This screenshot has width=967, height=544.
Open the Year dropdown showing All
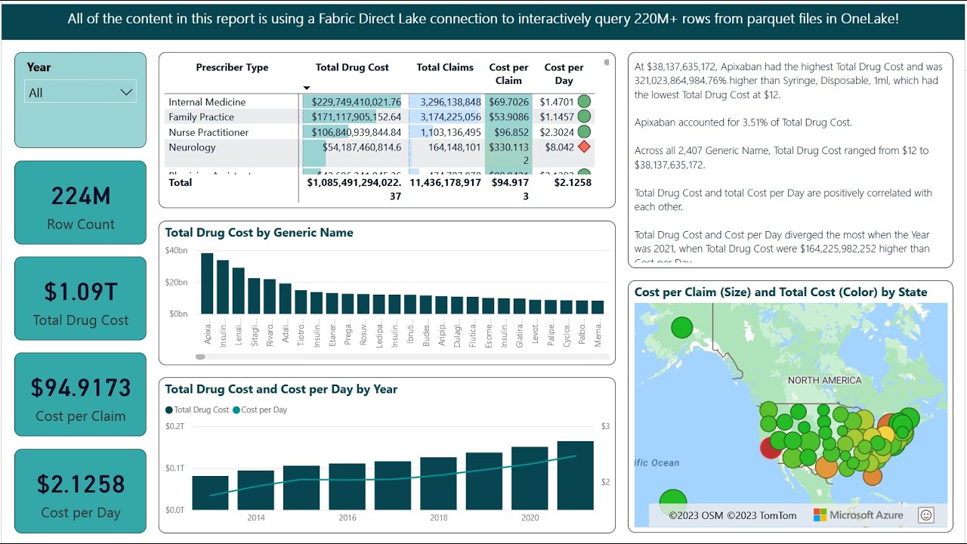(x=81, y=92)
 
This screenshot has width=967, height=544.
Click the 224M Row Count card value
(x=81, y=196)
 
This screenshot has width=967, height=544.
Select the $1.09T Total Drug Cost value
(x=81, y=292)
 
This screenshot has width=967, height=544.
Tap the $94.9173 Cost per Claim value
(x=81, y=388)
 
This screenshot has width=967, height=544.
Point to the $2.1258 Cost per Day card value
(x=81, y=484)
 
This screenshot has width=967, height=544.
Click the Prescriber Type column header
(x=232, y=67)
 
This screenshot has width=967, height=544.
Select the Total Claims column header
(x=445, y=67)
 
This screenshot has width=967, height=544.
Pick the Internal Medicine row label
(x=207, y=102)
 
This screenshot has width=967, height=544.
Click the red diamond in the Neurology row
(x=583, y=147)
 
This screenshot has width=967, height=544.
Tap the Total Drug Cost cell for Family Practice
(x=352, y=117)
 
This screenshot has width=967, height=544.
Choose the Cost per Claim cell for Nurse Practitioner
(x=508, y=132)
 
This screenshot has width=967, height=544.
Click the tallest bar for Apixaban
(x=207, y=283)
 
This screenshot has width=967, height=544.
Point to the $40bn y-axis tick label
(x=176, y=251)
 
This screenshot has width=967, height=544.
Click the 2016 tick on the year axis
(x=348, y=518)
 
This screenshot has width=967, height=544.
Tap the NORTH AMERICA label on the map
(x=824, y=380)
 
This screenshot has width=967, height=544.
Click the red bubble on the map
(x=771, y=447)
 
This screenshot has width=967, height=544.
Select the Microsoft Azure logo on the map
(x=858, y=515)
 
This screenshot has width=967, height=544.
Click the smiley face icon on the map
(x=926, y=515)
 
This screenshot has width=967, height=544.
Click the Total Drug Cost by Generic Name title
(x=259, y=233)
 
